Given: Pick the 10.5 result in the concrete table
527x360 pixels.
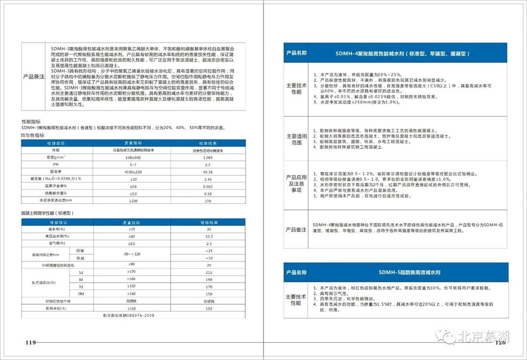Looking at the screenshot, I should click(209, 236).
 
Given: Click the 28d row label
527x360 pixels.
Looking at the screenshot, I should click(80, 293).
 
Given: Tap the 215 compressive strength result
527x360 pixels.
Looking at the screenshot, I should click(209, 271).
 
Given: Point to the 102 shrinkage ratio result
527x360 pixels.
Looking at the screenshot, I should click(209, 307).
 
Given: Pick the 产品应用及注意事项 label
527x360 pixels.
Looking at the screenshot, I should click(296, 183).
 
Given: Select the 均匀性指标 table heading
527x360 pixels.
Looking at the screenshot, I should click(33, 135).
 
